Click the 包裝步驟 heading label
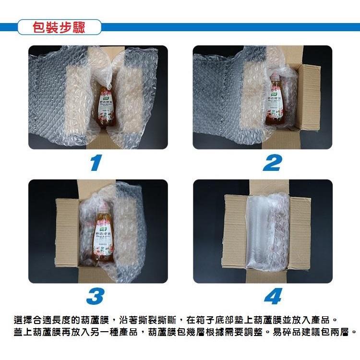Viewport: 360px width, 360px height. tap(59, 27)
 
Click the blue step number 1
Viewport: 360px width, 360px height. tap(96, 163)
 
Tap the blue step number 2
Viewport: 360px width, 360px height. tap(272, 163)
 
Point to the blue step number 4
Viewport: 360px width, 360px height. tap(272, 297)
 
